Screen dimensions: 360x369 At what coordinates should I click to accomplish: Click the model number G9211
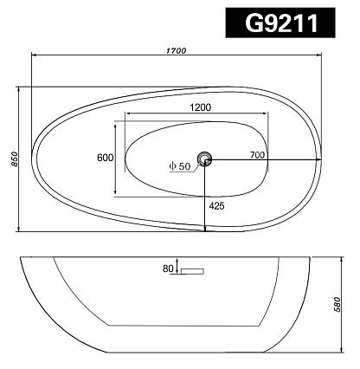281,23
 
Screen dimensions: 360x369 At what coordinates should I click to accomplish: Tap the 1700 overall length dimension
177,51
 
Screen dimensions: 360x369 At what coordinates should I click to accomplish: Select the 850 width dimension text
15,159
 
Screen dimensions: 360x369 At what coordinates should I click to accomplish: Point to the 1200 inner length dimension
201,107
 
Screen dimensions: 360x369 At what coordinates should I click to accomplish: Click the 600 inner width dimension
106,158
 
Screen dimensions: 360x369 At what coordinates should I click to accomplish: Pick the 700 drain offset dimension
257,155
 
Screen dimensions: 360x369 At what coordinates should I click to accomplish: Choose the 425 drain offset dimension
216,206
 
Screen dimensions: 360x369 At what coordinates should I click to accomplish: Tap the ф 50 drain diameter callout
180,166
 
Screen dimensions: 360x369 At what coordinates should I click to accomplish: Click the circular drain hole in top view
204,159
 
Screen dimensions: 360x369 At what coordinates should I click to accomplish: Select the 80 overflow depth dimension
168,269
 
